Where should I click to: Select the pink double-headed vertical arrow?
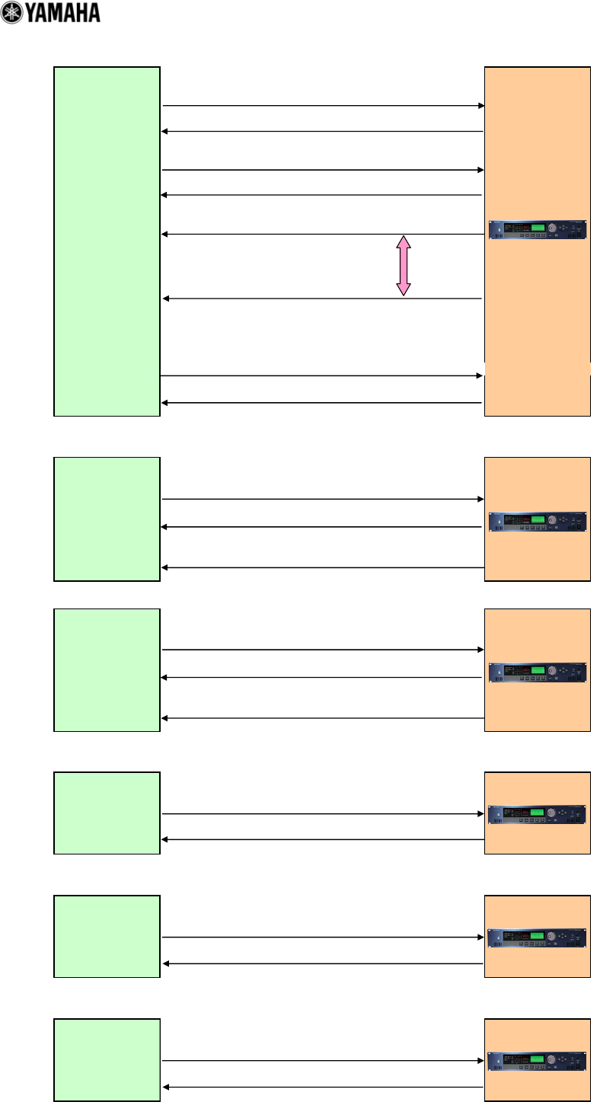coord(404,265)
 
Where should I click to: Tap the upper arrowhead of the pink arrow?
coord(404,241)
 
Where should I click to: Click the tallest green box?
coord(107,241)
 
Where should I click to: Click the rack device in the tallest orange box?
coord(538,229)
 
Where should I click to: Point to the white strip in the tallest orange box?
coord(538,370)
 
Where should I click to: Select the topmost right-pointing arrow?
coord(323,106)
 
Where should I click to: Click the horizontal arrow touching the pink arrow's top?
coord(323,234)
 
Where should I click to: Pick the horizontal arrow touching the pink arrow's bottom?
coord(323,299)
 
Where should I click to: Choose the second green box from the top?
coord(107,519)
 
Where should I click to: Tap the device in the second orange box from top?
coord(538,522)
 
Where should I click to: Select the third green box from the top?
coord(107,669)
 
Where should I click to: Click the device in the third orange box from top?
coord(538,672)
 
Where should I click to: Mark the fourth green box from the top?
coord(107,813)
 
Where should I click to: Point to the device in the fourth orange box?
coord(538,814)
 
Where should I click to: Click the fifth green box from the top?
coord(107,936)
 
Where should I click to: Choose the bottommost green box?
coord(107,1059)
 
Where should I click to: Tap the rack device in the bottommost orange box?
coord(538,1061)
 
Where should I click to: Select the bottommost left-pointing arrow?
coord(323,1087)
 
